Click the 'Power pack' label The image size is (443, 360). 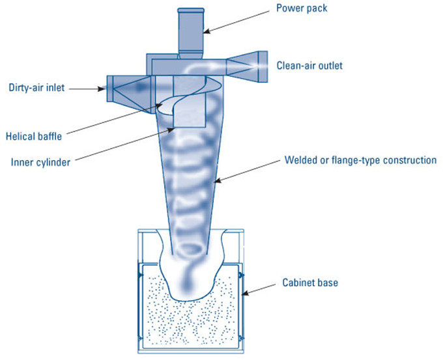302,8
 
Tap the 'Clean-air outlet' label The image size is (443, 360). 309,66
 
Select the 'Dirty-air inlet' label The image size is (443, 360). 36,87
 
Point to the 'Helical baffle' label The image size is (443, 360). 34,136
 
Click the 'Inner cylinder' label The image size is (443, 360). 40,162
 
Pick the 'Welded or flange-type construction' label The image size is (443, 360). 360,160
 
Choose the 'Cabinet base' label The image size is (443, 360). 310,283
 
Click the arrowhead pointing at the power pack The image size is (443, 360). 207,31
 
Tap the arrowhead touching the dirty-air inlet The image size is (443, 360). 102,89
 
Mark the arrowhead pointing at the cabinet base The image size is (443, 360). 245,294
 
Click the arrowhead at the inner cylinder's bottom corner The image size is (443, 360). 171,130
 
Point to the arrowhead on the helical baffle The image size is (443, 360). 159,106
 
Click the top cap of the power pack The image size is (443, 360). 191,10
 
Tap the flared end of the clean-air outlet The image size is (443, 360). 263,66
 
